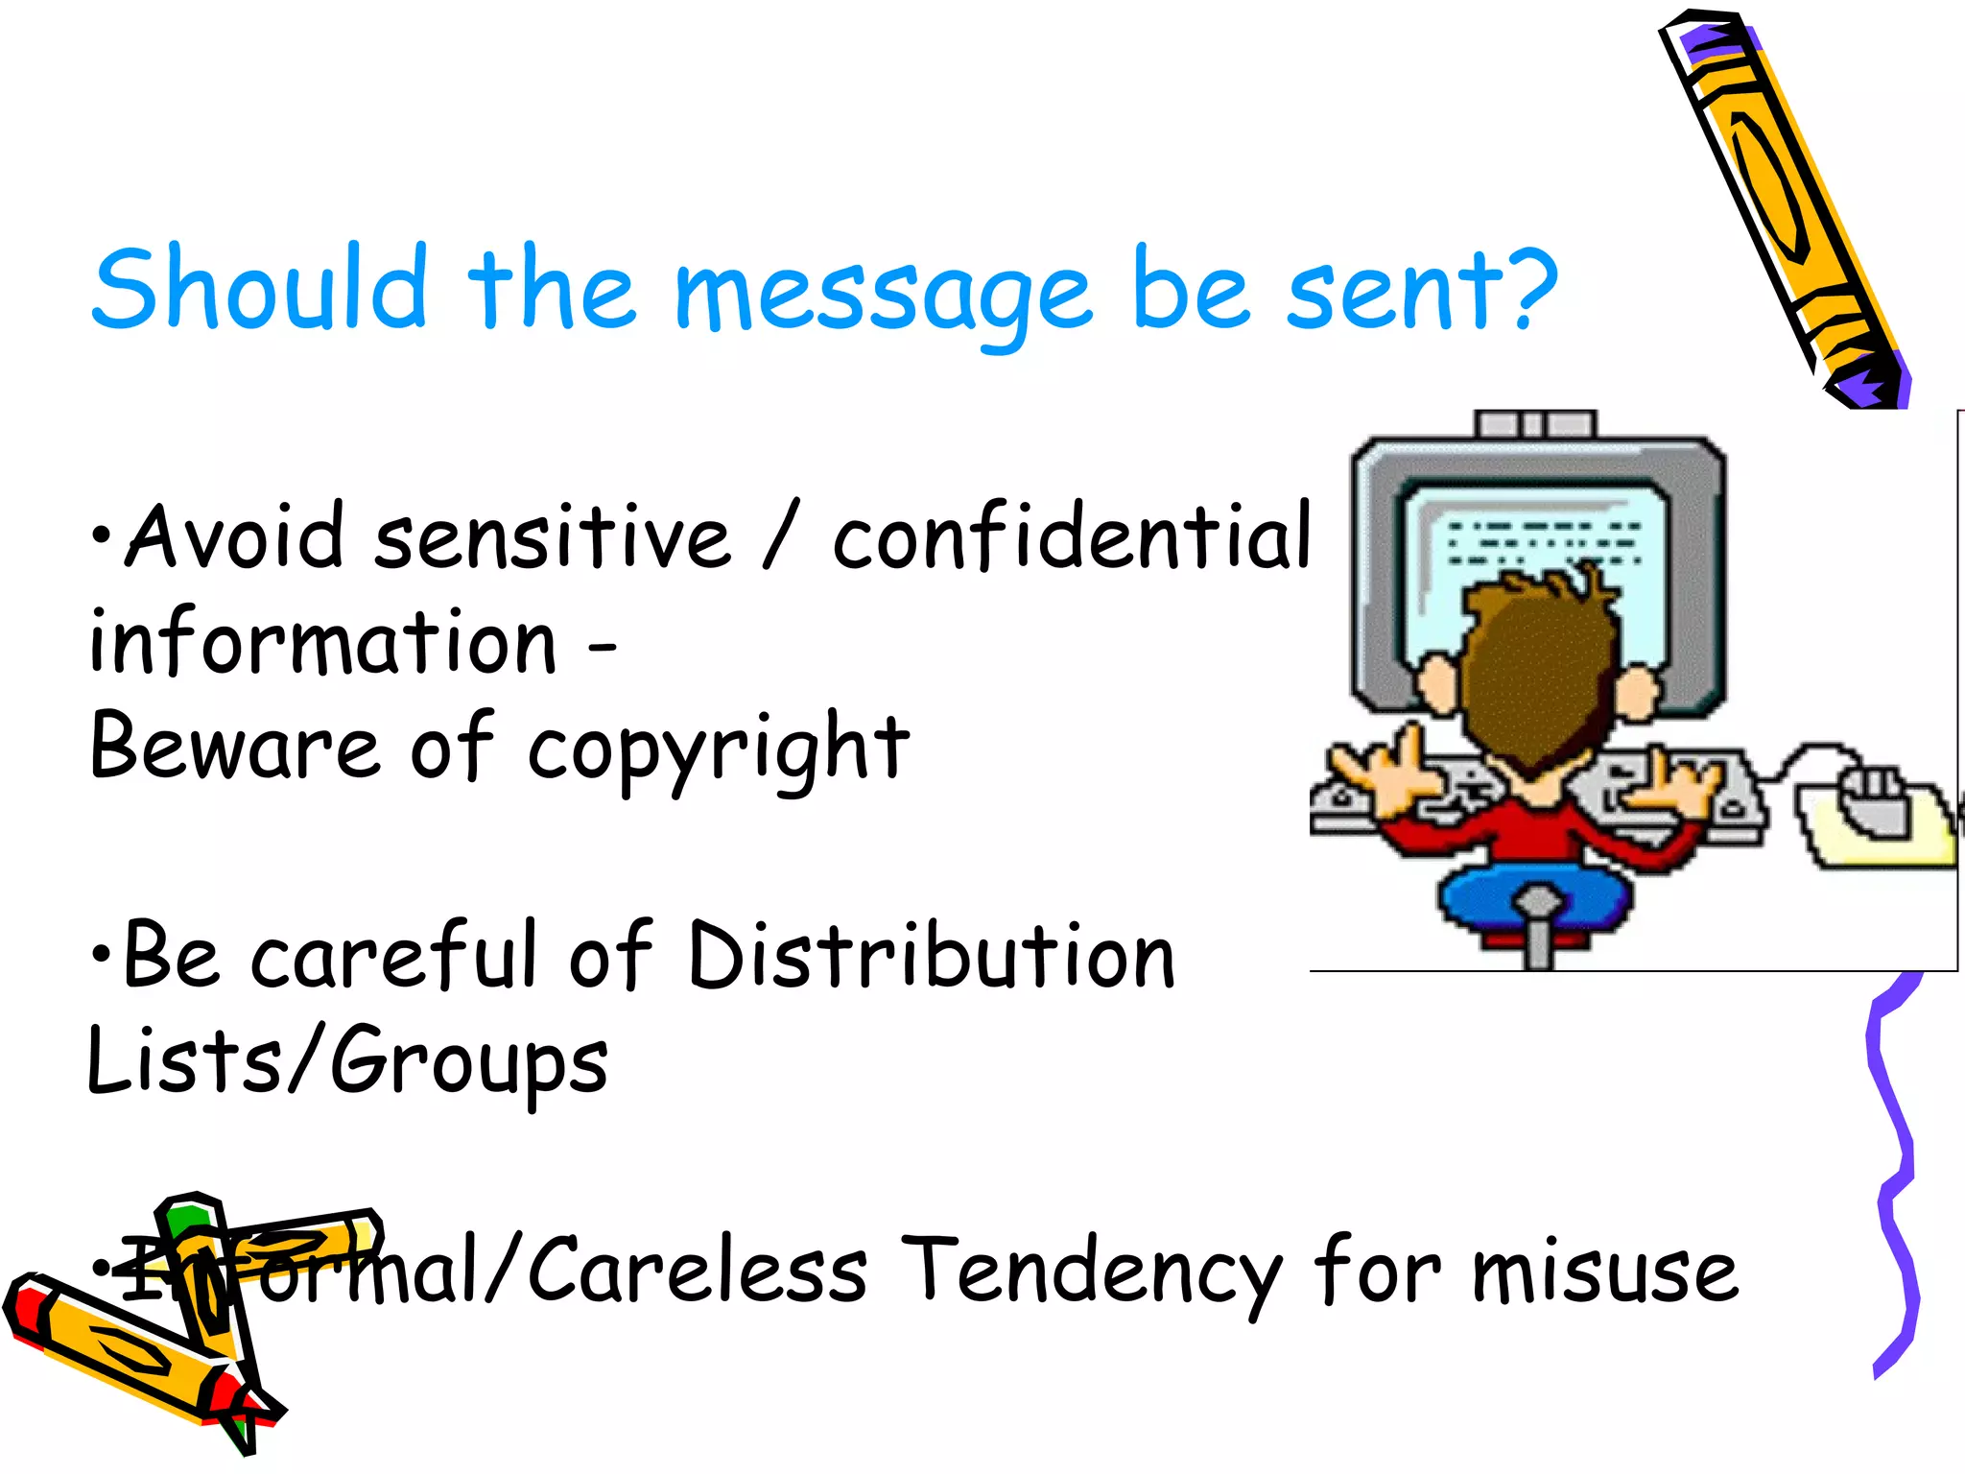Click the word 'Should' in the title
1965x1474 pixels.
(259, 288)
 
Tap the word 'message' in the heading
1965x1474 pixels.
(883, 293)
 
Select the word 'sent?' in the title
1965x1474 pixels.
(1420, 288)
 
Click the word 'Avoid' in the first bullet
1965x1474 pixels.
(235, 537)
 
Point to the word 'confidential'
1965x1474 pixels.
(1070, 537)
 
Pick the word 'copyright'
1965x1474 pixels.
(718, 750)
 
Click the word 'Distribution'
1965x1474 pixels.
(931, 957)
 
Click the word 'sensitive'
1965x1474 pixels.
(552, 537)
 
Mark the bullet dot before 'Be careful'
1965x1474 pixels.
(101, 955)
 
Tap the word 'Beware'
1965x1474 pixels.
(235, 749)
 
